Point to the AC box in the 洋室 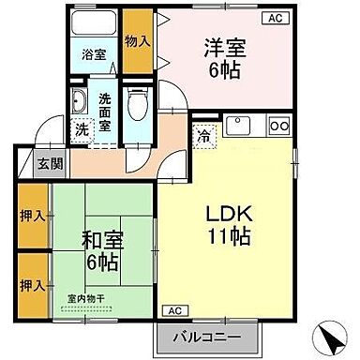[276, 17]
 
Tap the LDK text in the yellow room [229, 212]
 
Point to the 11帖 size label [229, 237]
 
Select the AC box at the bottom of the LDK [174, 310]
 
